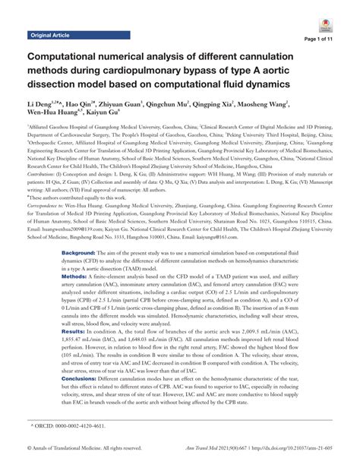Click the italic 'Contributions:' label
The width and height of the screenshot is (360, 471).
(x=45, y=173)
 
